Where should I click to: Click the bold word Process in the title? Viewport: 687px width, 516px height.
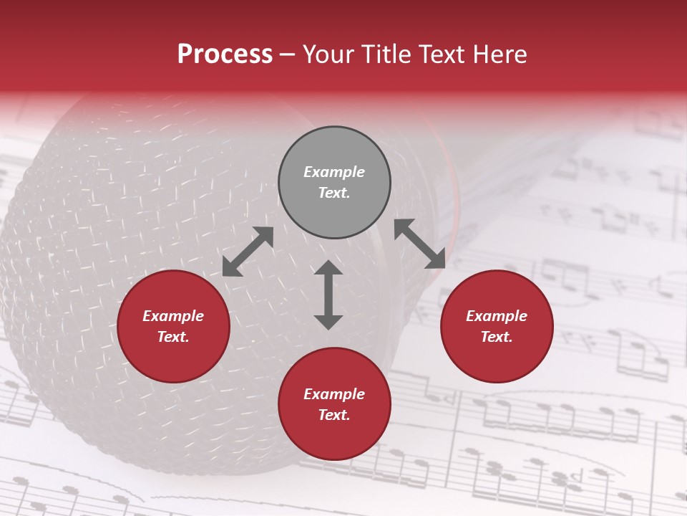pos(225,54)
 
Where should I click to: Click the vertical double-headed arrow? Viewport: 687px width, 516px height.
pos(328,295)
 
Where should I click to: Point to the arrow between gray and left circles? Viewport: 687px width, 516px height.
pos(248,252)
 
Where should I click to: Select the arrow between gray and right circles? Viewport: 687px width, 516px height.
pos(420,244)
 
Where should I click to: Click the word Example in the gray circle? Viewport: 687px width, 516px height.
pos(334,172)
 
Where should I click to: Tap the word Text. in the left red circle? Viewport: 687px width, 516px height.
pos(173,337)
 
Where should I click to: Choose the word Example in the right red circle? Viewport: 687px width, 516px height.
pos(497,316)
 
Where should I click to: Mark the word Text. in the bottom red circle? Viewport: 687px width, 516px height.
pos(334,415)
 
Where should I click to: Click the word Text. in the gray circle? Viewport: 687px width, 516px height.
pos(334,193)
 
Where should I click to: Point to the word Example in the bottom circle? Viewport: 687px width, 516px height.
pos(334,394)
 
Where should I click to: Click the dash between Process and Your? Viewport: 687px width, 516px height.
pos(288,54)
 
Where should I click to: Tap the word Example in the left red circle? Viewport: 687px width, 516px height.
pos(173,316)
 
